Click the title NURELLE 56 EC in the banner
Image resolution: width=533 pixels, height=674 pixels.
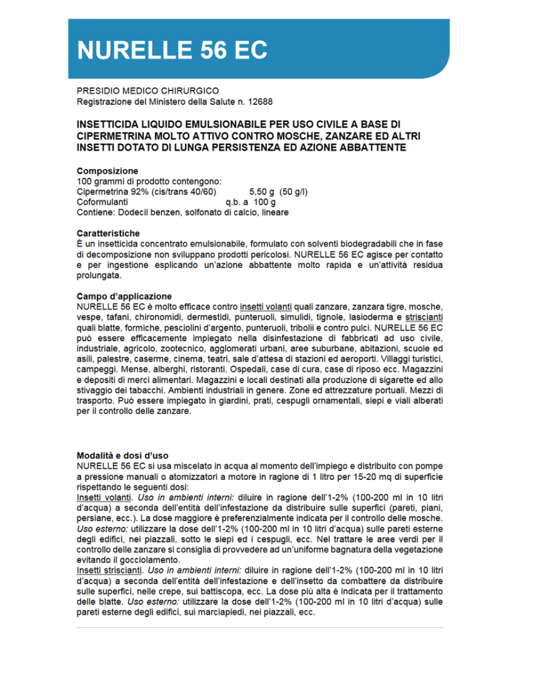click(x=172, y=50)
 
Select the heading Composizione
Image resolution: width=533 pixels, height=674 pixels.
click(x=107, y=171)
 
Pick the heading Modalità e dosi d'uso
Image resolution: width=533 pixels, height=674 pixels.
click(x=122, y=455)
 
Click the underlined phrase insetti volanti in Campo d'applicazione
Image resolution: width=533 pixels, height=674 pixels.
click(x=266, y=307)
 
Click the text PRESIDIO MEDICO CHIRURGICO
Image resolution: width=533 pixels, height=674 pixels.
click(x=147, y=91)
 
